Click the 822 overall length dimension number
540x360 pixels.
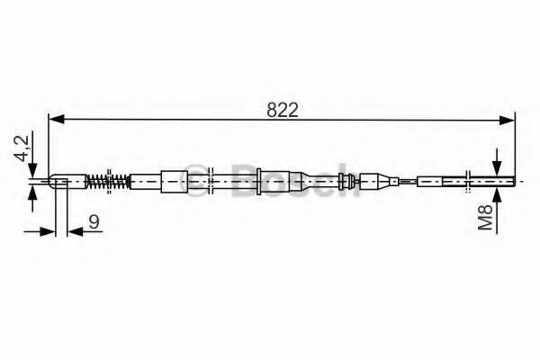point(282,111)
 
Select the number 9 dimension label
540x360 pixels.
point(94,221)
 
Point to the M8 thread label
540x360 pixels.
point(485,218)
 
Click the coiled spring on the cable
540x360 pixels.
point(108,181)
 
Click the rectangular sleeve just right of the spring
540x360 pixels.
point(145,181)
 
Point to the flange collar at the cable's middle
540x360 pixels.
point(258,181)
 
